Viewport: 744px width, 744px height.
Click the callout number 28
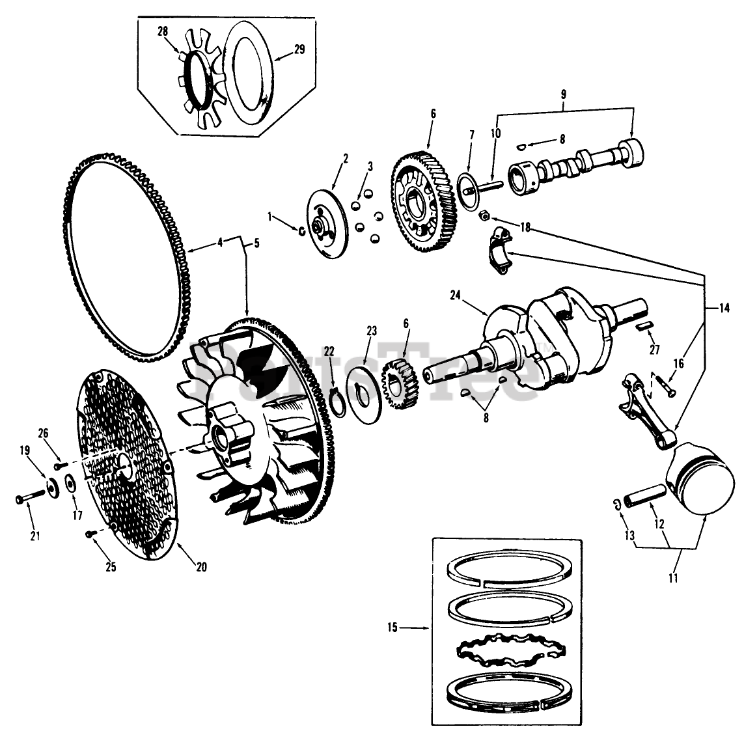click(x=161, y=31)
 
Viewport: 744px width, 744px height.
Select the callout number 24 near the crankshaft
click(x=455, y=296)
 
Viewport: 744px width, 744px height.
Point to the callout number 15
click(x=392, y=628)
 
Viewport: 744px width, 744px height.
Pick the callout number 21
click(x=34, y=536)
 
